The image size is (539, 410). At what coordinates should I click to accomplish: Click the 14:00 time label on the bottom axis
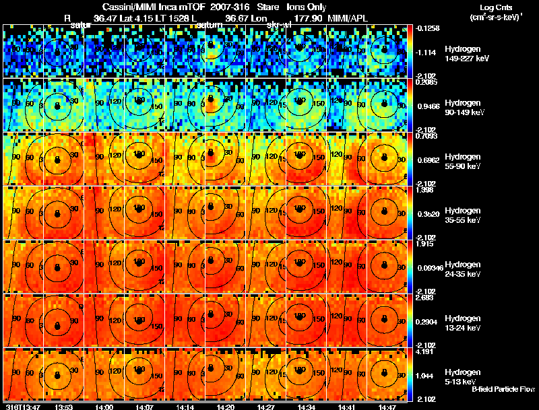[x=104, y=406]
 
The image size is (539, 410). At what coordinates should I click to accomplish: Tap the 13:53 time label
[x=63, y=406]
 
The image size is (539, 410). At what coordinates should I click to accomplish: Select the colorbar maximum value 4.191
[x=425, y=351]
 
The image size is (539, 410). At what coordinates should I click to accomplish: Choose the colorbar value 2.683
[x=425, y=297]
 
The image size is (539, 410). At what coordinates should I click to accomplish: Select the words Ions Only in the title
[x=307, y=6]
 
